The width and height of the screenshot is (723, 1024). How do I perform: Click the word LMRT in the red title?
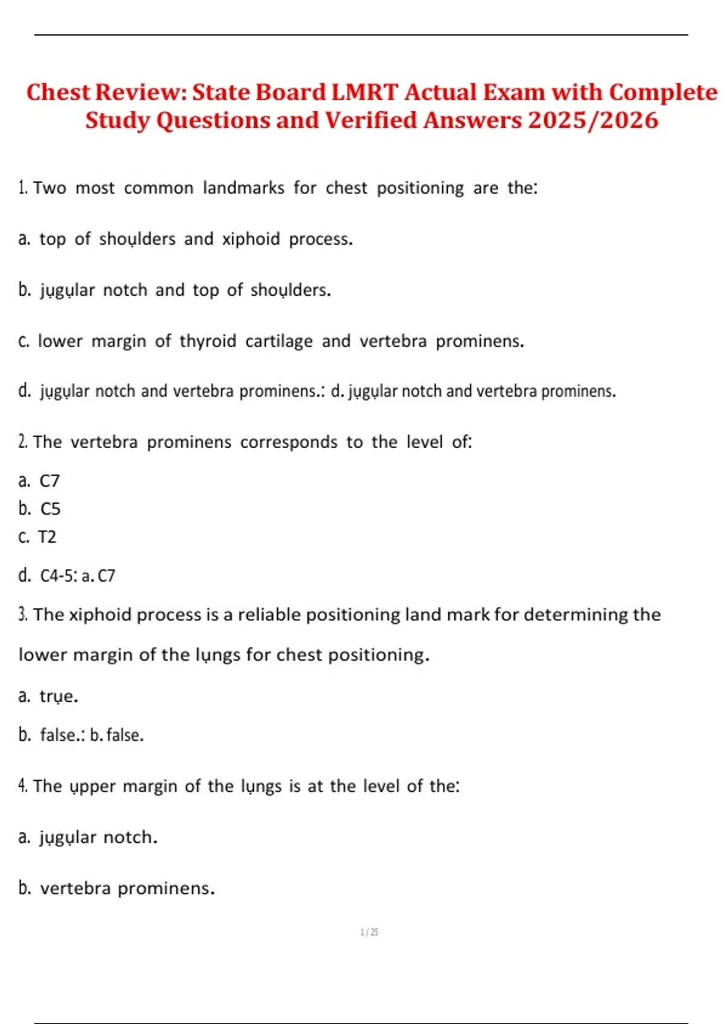pyautogui.click(x=365, y=92)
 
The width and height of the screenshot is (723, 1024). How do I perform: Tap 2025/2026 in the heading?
pyautogui.click(x=593, y=120)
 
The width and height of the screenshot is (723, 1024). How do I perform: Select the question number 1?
pyautogui.click(x=22, y=188)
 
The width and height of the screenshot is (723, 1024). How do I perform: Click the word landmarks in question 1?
pyautogui.click(x=243, y=188)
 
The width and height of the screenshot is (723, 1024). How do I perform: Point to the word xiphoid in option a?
pyautogui.click(x=251, y=239)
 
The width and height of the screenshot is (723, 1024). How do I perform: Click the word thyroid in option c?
pyautogui.click(x=208, y=341)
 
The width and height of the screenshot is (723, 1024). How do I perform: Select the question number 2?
pyautogui.click(x=22, y=442)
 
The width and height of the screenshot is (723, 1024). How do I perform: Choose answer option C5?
pyautogui.click(x=51, y=509)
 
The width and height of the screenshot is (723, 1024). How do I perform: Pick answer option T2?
pyautogui.click(x=47, y=537)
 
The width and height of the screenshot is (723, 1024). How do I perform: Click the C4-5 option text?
pyautogui.click(x=58, y=576)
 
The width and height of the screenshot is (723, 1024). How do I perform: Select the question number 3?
pyautogui.click(x=22, y=615)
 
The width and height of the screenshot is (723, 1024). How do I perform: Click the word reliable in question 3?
pyautogui.click(x=269, y=614)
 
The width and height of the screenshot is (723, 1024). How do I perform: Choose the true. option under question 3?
pyautogui.click(x=58, y=696)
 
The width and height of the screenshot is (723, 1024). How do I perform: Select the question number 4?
pyautogui.click(x=22, y=786)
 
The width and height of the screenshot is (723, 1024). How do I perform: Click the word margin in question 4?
pyautogui.click(x=149, y=787)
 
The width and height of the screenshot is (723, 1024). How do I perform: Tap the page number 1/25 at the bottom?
pyautogui.click(x=369, y=932)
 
